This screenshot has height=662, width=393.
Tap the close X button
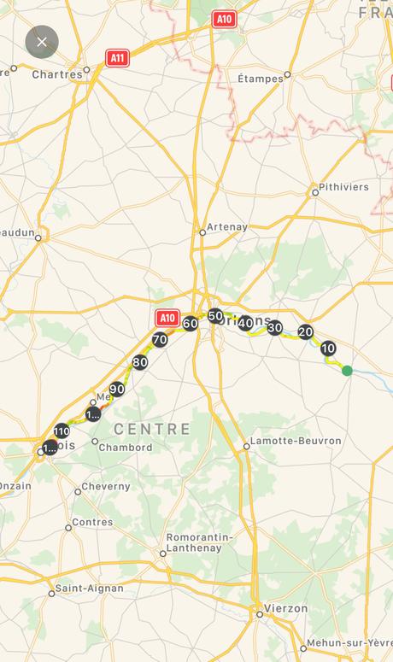42,42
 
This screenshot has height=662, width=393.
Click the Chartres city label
57,74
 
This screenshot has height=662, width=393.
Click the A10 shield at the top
224,19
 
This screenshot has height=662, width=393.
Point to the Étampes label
260,79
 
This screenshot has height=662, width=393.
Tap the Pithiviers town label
343,186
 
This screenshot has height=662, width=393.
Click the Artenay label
227,227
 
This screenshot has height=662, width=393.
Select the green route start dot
347,370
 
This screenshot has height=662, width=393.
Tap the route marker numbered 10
328,349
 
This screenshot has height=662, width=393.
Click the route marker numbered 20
305,332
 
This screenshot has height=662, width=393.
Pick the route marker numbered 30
274,327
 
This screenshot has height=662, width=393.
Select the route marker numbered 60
190,323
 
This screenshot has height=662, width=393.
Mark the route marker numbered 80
140,362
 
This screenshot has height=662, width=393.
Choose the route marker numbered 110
62,431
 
